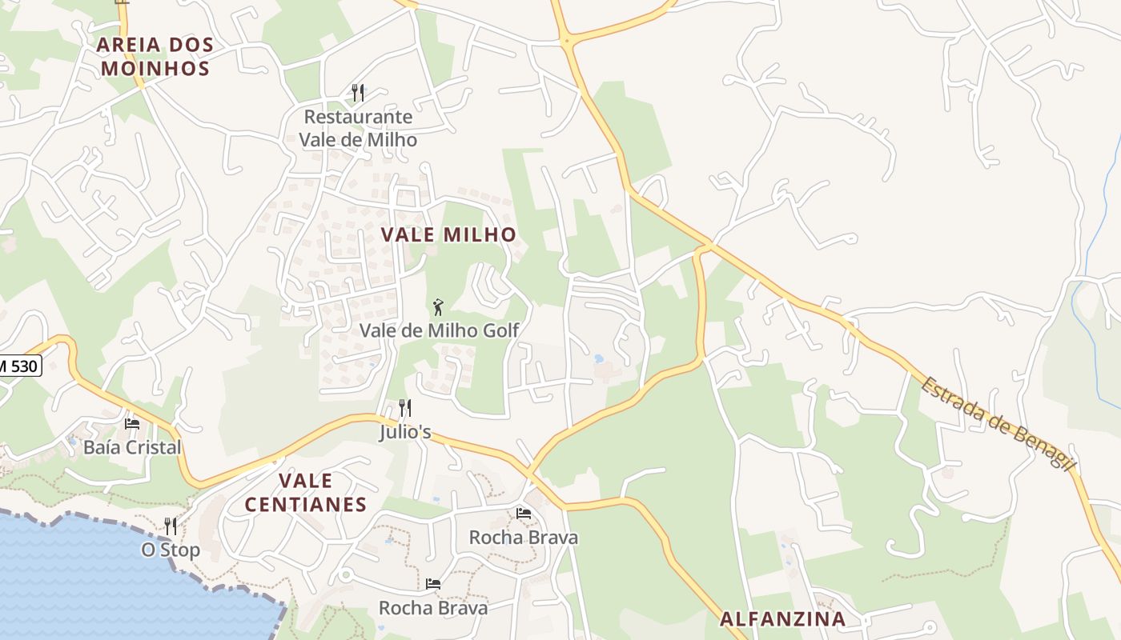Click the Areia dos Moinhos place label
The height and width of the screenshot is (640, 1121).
pyautogui.click(x=155, y=56)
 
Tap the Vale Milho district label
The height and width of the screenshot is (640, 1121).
pyautogui.click(x=448, y=234)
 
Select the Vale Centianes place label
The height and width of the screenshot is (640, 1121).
pyautogui.click(x=305, y=493)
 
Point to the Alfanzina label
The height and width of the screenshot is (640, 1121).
pyautogui.click(x=782, y=618)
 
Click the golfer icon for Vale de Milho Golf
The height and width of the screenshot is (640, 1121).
pyautogui.click(x=438, y=307)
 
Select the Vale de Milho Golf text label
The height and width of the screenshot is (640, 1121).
pyautogui.click(x=439, y=330)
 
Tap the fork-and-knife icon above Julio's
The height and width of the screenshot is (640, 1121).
pyautogui.click(x=405, y=408)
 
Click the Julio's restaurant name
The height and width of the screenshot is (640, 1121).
pyautogui.click(x=405, y=433)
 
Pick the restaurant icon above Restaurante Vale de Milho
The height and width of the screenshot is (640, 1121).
pyautogui.click(x=358, y=93)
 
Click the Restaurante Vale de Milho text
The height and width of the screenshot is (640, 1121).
pyautogui.click(x=358, y=128)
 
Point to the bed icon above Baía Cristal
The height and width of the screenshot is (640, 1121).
pyautogui.click(x=132, y=423)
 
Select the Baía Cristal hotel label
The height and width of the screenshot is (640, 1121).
pyautogui.click(x=132, y=447)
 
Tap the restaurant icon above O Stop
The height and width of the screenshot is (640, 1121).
pyautogui.click(x=171, y=526)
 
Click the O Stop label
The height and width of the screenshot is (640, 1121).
pyautogui.click(x=171, y=550)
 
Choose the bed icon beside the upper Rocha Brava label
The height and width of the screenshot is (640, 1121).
pyautogui.click(x=524, y=513)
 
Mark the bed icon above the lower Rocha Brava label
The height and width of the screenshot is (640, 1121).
pyautogui.click(x=433, y=584)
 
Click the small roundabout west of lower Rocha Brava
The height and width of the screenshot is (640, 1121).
pyautogui.click(x=346, y=574)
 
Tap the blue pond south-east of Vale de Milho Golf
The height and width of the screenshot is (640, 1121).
pyautogui.click(x=598, y=359)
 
